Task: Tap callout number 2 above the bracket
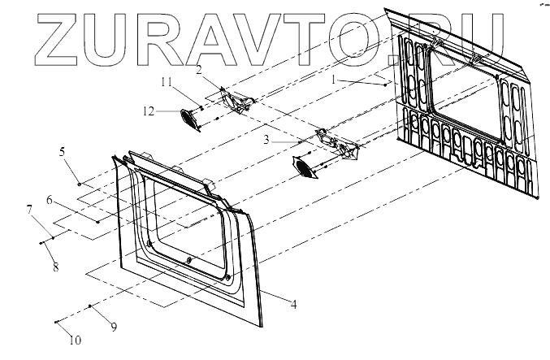(198, 71)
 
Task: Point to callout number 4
(293, 305)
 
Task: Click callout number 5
(61, 152)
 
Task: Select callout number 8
(56, 266)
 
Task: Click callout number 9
(114, 326)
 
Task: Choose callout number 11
(166, 82)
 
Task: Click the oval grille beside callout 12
(190, 119)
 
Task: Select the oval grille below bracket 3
(305, 167)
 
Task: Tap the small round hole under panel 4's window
(188, 260)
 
